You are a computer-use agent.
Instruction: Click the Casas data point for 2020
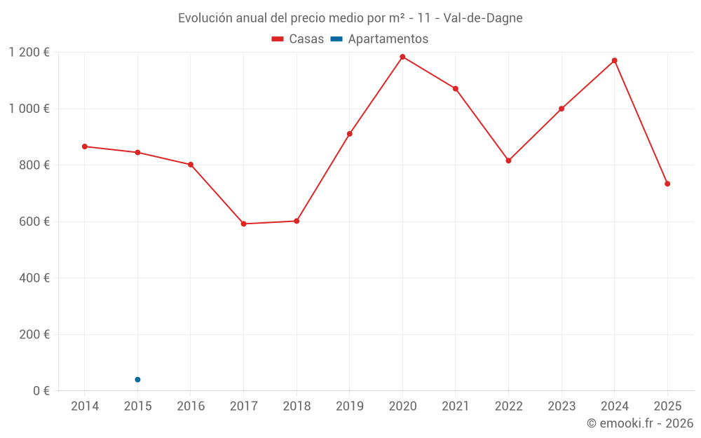pos(402,57)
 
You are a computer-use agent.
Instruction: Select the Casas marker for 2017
pos(243,224)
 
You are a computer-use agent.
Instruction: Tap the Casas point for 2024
pos(614,60)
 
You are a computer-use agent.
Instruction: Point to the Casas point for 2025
pos(667,184)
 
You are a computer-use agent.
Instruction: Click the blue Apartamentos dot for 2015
pos(137,380)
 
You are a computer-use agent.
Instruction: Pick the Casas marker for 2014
pos(85,146)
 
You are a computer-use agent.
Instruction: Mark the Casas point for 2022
pos(508,160)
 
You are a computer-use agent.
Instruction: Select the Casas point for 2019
pos(349,134)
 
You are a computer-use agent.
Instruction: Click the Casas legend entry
pos(298,39)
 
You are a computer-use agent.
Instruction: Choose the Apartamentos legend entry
pos(379,39)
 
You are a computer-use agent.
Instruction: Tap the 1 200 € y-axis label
pos(29,53)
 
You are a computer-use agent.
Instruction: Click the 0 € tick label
pos(41,390)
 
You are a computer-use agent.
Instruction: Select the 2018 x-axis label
pos(297,406)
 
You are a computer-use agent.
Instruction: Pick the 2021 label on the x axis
pos(456,406)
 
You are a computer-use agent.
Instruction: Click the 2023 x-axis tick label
pos(562,406)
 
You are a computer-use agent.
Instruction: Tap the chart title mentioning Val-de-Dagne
pos(350,18)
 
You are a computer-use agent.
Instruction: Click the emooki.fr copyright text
pos(640,423)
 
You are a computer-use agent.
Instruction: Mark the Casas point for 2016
pos(191,165)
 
